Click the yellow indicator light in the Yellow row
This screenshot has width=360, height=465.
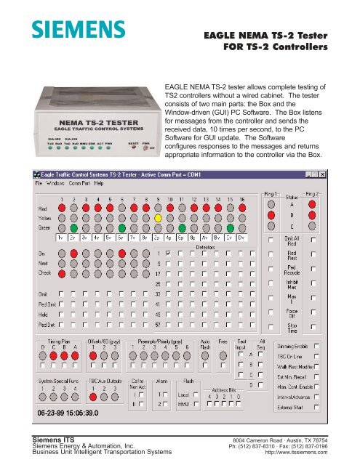(158, 217)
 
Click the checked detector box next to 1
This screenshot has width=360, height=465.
(168, 253)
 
